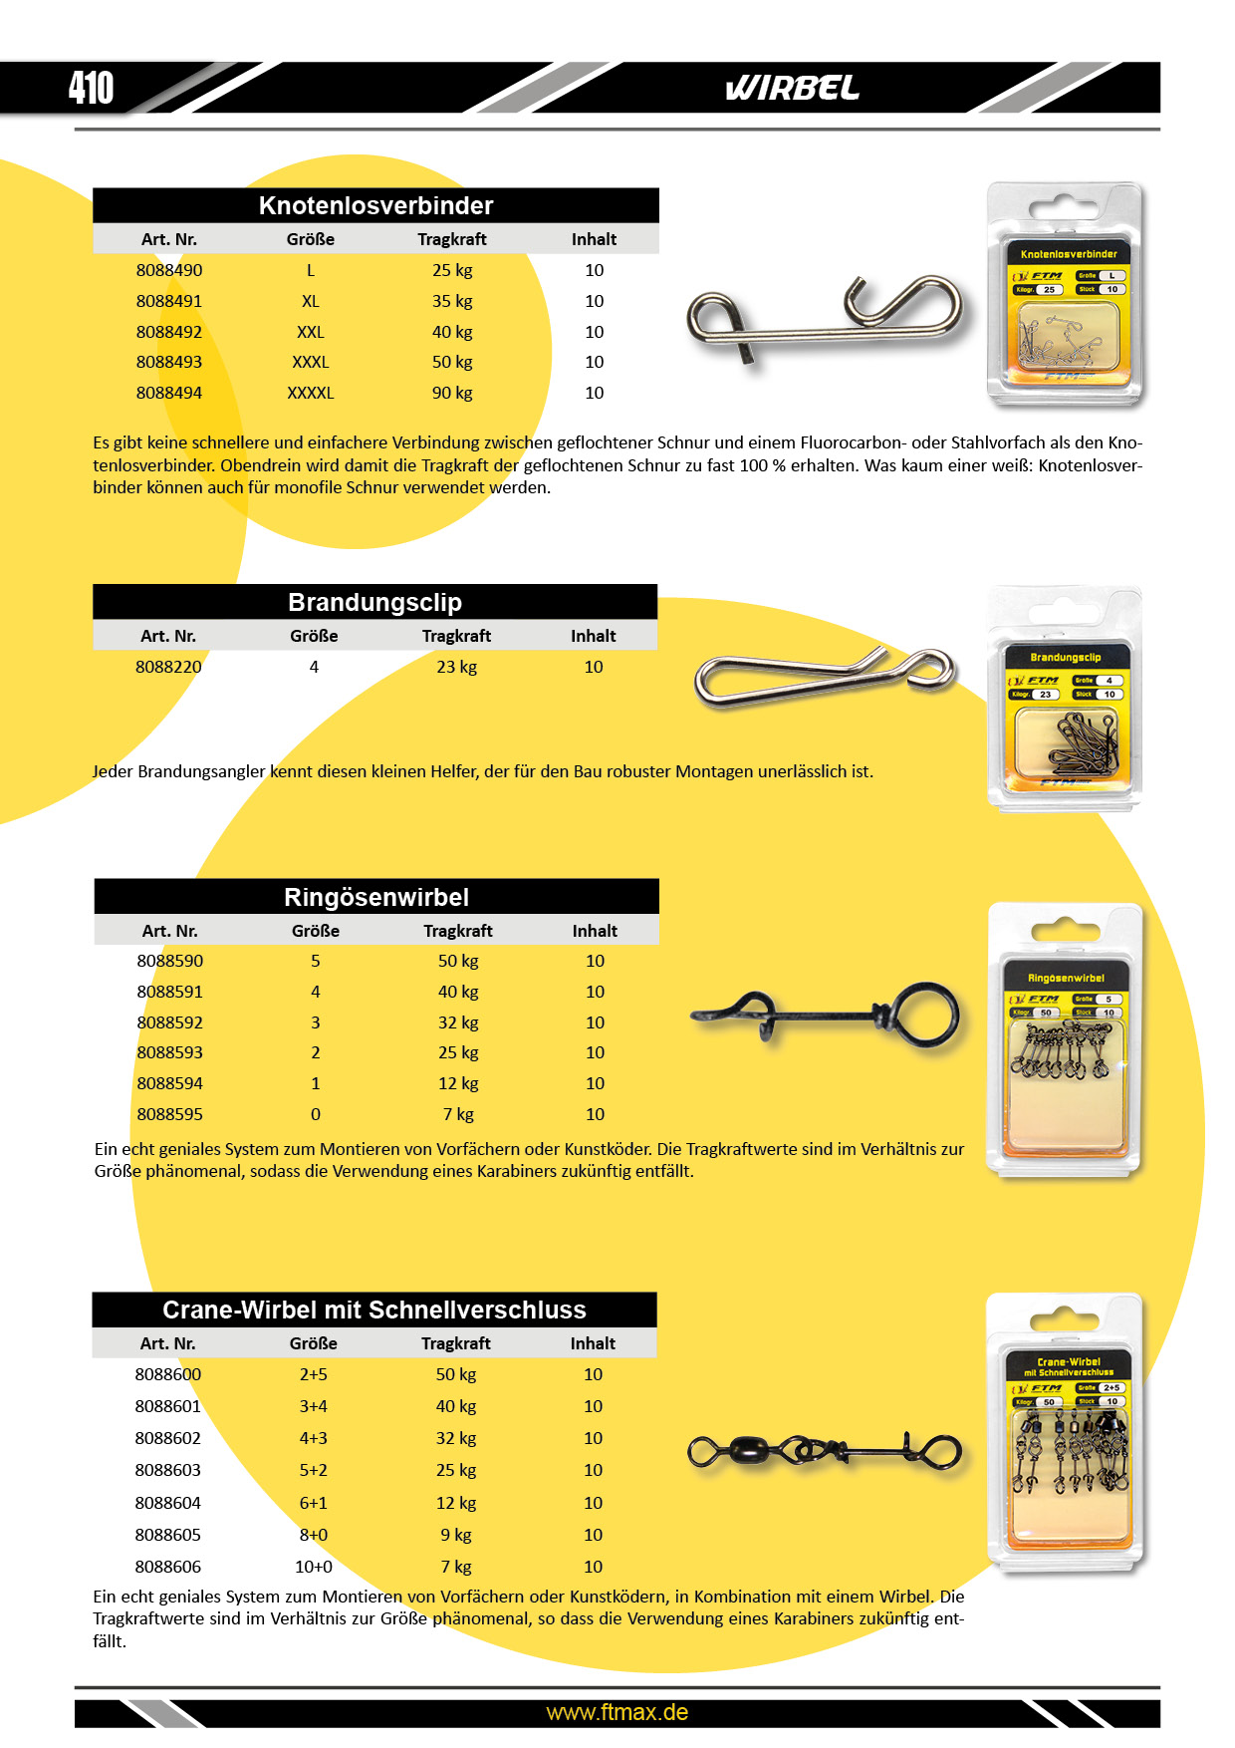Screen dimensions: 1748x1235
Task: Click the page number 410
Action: pos(91,88)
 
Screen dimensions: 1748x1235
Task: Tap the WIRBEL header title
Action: pos(792,89)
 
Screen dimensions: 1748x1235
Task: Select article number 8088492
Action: pos(169,332)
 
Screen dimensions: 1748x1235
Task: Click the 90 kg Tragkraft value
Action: pos(452,393)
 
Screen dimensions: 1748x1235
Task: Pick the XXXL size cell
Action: pos(311,362)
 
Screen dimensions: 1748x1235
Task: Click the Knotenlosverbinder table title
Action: pos(375,205)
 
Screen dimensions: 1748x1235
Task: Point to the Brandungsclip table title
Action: pos(374,602)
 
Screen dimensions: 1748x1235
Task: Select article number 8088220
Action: pos(168,667)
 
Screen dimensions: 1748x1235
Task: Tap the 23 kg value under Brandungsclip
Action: pos(456,667)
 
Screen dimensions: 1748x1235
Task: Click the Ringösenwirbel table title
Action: pos(375,897)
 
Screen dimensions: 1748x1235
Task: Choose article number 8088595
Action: pos(169,1114)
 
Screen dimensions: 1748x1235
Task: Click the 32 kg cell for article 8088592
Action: pos(458,1022)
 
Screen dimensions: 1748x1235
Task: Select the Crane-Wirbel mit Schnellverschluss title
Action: pos(374,1310)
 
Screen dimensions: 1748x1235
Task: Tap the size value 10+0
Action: pos(314,1567)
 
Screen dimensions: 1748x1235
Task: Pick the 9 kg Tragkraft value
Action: pos(456,1535)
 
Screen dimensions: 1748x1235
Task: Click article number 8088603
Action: pos(168,1470)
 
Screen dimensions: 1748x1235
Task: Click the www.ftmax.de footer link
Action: pos(617,1712)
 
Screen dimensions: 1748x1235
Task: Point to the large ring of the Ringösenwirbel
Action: pos(926,1015)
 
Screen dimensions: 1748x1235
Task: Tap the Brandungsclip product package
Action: pos(1064,698)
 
